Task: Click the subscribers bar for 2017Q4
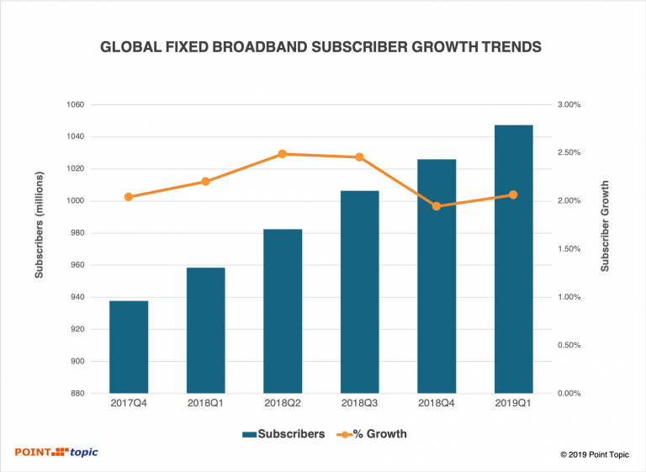[129, 347]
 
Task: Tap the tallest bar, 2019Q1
[513, 259]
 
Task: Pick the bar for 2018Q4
[437, 276]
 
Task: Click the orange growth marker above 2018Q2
[283, 154]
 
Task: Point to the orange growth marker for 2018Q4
[437, 206]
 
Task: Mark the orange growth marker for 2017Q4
[129, 197]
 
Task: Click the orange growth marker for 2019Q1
[513, 195]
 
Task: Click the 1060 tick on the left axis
[74, 105]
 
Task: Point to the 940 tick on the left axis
[76, 297]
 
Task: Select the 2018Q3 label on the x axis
[359, 404]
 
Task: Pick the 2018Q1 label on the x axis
[205, 404]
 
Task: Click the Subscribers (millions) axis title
[39, 249]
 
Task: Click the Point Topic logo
[56, 453]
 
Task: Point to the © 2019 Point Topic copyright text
[595, 454]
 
